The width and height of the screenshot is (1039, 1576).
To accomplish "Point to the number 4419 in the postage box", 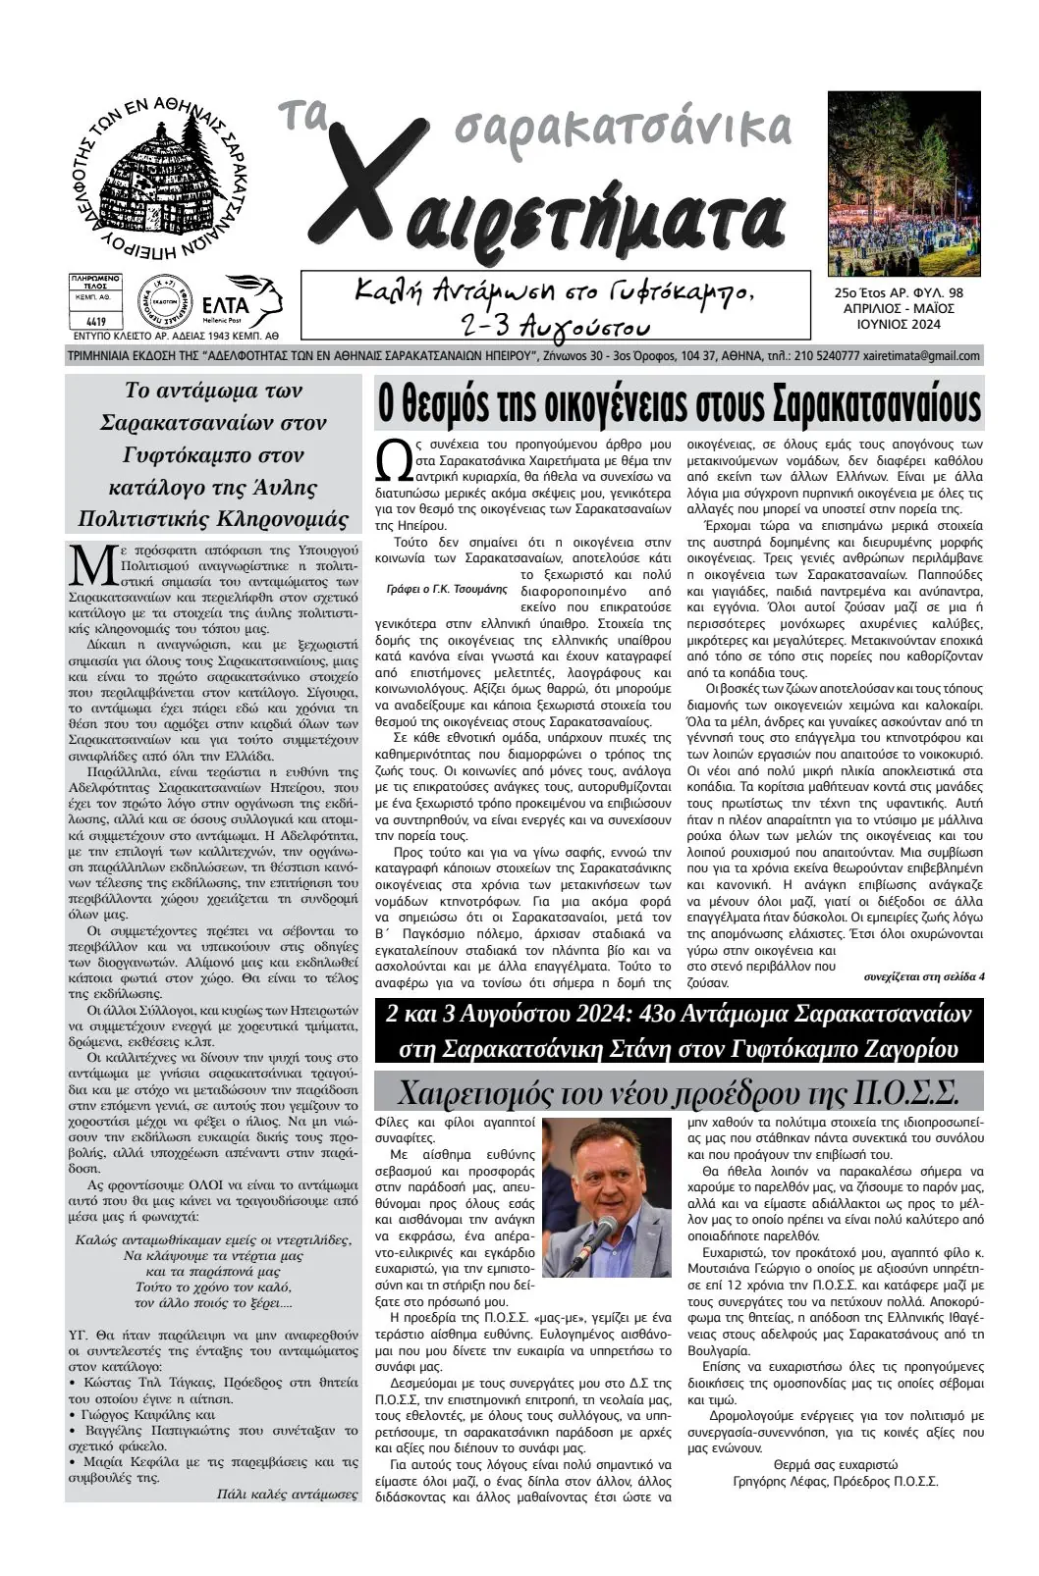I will [x=96, y=320].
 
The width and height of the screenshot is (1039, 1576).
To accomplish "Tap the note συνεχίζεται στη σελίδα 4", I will [x=924, y=976].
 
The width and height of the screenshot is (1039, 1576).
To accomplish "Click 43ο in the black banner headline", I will [x=625, y=1013].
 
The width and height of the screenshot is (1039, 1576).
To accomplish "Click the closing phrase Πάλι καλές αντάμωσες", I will [x=287, y=1495].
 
